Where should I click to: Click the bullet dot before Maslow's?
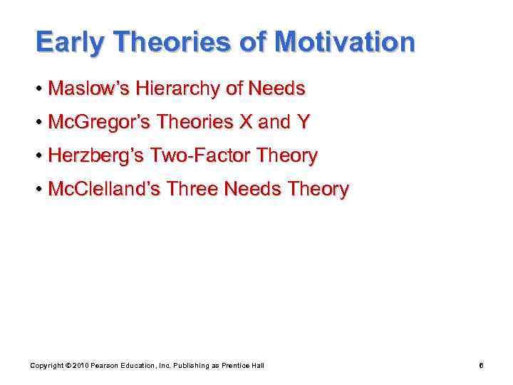(x=39, y=89)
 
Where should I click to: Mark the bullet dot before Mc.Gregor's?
(x=39, y=123)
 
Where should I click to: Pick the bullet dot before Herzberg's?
(x=39, y=156)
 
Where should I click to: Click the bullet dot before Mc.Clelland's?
(x=39, y=190)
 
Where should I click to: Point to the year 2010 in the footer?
(x=78, y=366)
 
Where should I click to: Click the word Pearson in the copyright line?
(x=103, y=366)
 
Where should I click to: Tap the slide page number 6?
(x=482, y=366)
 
